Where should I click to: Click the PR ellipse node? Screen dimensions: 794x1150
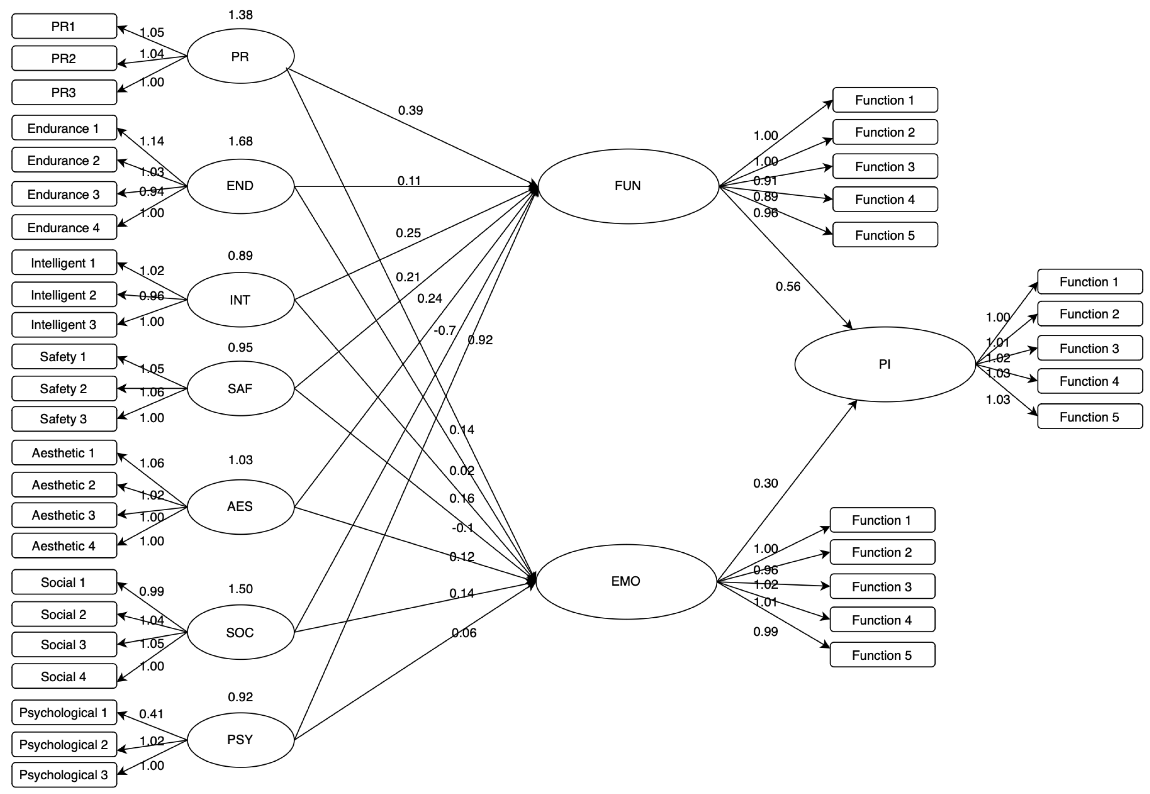click(240, 56)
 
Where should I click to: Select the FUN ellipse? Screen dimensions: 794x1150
click(628, 186)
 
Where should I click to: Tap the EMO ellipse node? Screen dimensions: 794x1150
click(626, 581)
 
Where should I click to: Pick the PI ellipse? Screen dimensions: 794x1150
click(885, 364)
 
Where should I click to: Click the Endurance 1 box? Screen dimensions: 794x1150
click(64, 128)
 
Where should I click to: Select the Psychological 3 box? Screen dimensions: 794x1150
click(64, 775)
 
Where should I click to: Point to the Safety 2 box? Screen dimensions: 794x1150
click(64, 389)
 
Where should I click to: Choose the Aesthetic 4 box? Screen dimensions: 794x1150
click(64, 546)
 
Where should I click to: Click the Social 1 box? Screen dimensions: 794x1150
click(64, 582)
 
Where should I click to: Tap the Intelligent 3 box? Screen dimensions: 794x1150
click(64, 325)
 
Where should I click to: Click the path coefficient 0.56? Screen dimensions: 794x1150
click(788, 287)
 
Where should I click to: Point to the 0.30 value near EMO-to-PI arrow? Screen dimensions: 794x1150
click(765, 483)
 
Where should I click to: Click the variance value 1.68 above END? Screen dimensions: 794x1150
click(240, 141)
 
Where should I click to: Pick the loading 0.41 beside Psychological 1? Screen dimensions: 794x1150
click(151, 714)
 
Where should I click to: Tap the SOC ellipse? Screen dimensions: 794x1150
click(240, 632)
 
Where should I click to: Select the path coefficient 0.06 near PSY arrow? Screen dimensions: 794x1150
click(464, 633)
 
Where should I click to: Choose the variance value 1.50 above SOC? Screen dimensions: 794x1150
click(240, 589)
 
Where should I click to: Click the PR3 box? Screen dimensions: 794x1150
click(64, 93)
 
